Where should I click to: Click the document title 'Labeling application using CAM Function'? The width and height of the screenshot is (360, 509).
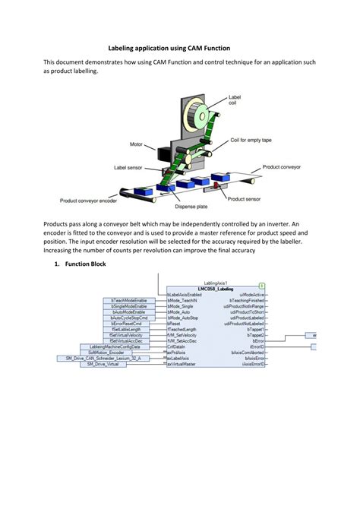coord(179,47)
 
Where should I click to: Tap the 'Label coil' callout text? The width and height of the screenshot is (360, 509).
coord(237,100)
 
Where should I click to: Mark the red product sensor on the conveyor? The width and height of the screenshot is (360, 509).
coord(216,184)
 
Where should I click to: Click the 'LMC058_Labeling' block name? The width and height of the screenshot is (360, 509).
coord(216,289)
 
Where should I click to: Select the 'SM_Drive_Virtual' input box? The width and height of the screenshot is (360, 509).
coord(103,364)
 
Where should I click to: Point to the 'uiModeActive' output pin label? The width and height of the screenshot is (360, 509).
coord(252,295)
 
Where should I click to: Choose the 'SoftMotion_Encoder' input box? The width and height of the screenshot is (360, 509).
coord(106,353)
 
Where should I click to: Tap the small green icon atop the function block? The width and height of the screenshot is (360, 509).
coord(261,283)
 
